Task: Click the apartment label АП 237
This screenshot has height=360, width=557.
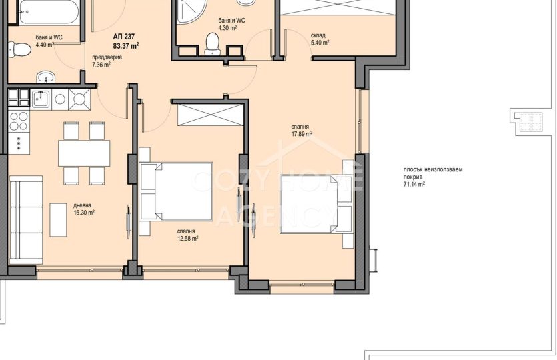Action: [124, 37]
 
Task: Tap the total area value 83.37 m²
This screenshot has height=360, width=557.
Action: [126, 45]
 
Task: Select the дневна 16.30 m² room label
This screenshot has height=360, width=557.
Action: [84, 209]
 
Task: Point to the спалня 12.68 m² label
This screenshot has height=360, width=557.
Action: [187, 235]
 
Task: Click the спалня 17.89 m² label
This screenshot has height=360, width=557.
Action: [302, 130]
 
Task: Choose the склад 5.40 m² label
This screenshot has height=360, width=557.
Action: [320, 39]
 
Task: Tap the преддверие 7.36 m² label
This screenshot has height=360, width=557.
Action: [107, 61]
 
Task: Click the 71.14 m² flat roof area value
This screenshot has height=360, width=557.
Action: [414, 184]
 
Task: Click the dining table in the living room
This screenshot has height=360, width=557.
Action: [84, 153]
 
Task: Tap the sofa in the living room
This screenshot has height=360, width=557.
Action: [26, 220]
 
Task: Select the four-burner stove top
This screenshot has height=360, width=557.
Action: [19, 121]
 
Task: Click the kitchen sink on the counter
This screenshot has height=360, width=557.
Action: [41, 99]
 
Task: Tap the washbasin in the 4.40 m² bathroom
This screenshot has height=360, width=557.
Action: [46, 77]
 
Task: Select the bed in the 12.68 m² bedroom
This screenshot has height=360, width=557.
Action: [177, 191]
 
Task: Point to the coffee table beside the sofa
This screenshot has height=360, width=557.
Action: [58, 220]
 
